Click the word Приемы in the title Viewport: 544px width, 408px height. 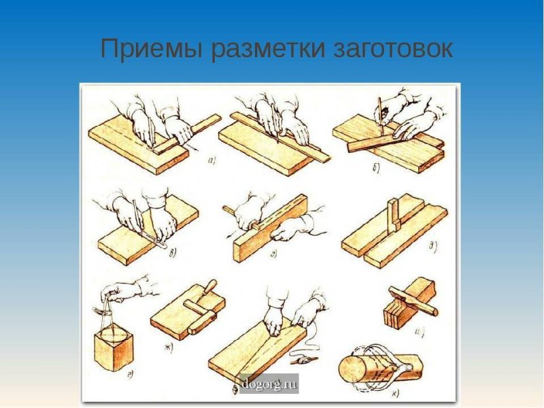pyautogui.click(x=152, y=50)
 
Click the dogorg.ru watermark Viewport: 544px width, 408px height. pyautogui.click(x=269, y=384)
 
